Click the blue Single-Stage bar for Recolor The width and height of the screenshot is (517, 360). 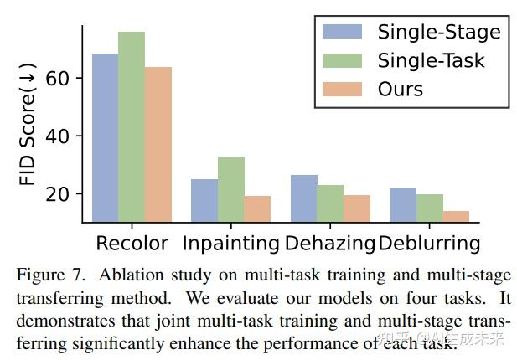[105, 138]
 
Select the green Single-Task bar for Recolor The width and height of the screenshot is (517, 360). [132, 127]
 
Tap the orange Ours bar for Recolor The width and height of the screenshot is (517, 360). [158, 145]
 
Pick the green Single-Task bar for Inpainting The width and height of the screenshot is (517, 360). [231, 190]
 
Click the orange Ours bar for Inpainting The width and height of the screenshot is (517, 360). [257, 209]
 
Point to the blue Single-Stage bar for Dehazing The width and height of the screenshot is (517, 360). [304, 199]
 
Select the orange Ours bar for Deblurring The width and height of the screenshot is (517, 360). [456, 217]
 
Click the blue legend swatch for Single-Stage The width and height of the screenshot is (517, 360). [342, 32]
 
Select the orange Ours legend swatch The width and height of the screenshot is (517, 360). [342, 89]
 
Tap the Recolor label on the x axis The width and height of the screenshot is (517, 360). [132, 244]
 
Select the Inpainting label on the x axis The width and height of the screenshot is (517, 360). [231, 244]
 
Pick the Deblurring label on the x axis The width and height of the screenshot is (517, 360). [429, 244]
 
